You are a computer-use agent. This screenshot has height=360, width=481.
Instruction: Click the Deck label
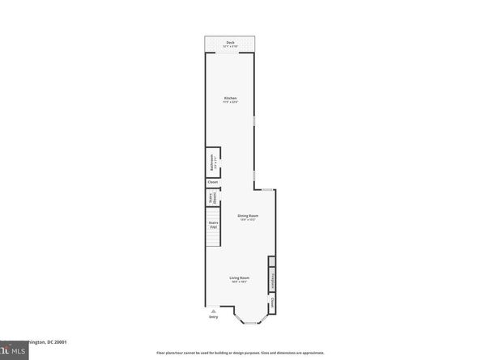point(230,42)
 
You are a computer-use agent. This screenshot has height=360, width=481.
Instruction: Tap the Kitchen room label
point(230,99)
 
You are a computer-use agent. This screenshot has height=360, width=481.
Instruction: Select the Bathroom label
point(212,163)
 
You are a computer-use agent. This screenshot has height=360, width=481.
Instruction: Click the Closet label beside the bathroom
point(213,182)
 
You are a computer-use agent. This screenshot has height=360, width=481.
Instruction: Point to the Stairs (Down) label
point(213,197)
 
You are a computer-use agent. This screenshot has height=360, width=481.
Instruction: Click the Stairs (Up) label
point(214,224)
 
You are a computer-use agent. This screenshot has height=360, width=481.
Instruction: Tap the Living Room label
point(239,277)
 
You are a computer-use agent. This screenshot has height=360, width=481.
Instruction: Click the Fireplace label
point(272,278)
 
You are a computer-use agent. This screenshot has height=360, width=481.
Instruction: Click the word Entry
point(213,317)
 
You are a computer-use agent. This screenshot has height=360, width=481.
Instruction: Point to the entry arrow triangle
point(213,311)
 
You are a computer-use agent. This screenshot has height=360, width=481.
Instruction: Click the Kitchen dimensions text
point(230,103)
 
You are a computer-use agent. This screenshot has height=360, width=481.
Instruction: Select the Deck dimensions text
point(230,46)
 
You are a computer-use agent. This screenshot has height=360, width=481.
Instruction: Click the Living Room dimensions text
point(239,282)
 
